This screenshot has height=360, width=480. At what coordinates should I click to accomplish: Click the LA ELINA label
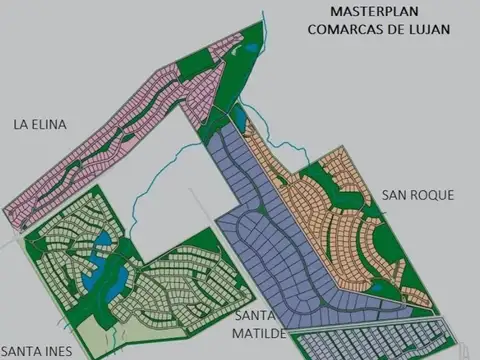(x=41, y=125)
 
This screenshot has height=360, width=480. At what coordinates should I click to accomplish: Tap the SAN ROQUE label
(x=418, y=194)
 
